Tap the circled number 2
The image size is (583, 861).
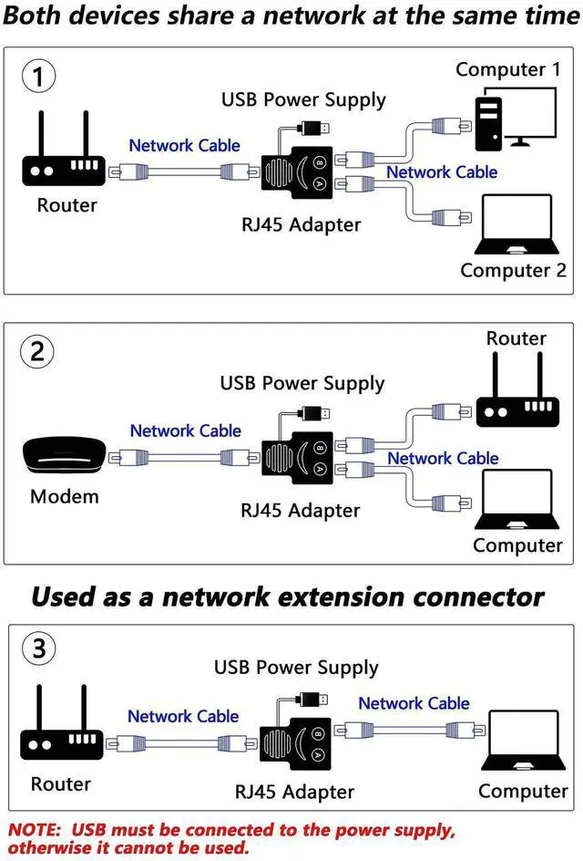click(37, 352)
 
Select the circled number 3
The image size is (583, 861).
click(37, 648)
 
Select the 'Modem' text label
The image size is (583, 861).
click(64, 497)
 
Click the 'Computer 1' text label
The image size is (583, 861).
click(507, 69)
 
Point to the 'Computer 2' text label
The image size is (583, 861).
click(513, 270)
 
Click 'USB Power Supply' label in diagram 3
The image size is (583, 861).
click(296, 668)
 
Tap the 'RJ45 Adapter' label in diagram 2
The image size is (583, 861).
click(301, 510)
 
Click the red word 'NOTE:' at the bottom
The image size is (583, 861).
click(36, 831)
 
